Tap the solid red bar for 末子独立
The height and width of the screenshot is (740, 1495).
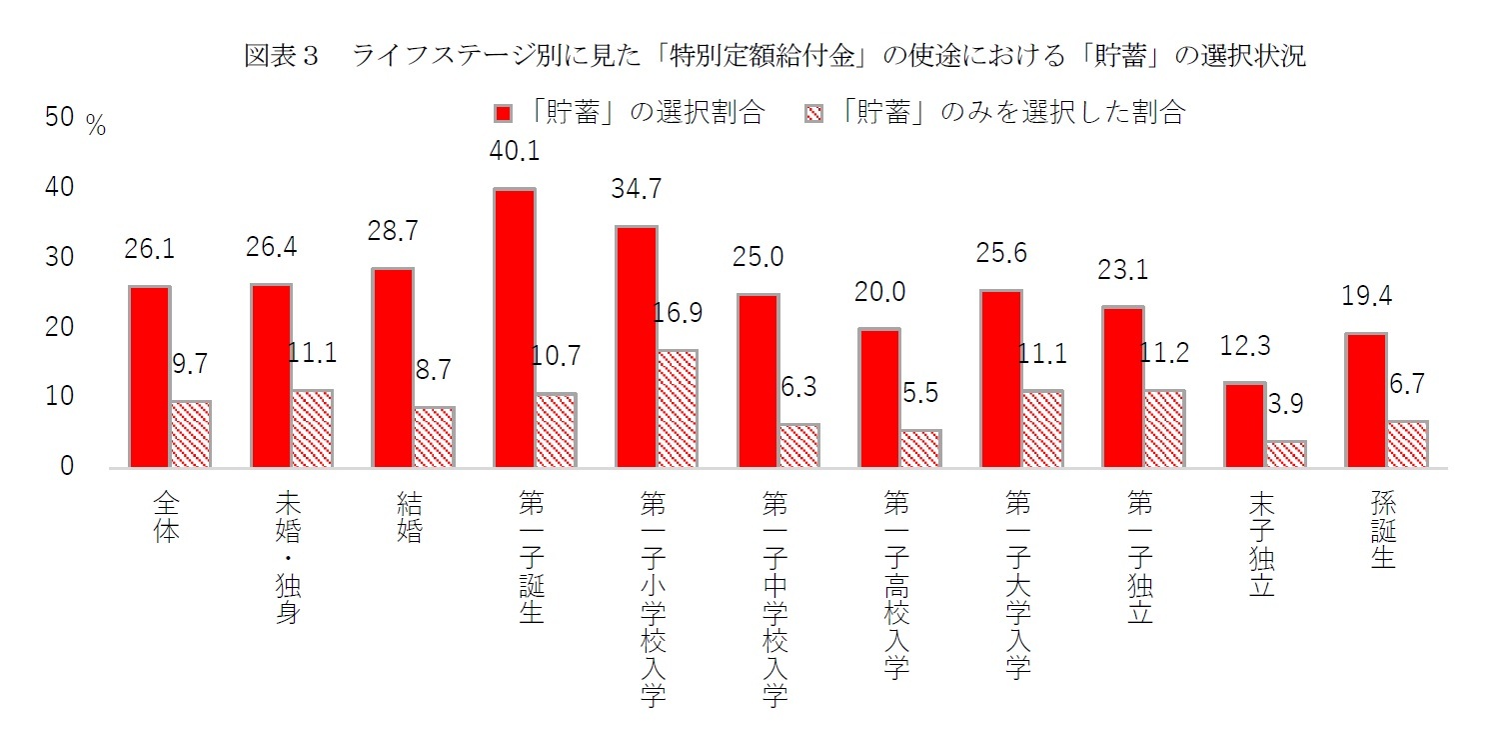point(1244,424)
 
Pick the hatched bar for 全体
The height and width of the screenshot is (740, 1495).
point(190,434)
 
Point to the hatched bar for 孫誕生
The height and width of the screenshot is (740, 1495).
point(1407,444)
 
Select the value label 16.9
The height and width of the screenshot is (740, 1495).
point(677,313)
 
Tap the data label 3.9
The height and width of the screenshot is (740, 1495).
point(1285,404)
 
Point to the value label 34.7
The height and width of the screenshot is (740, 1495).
point(637,188)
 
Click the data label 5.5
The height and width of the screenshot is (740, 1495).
point(920,393)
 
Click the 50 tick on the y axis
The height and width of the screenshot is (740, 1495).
point(61,119)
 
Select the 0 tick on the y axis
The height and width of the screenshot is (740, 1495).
point(67,467)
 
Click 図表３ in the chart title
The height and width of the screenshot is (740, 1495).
point(281,57)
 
